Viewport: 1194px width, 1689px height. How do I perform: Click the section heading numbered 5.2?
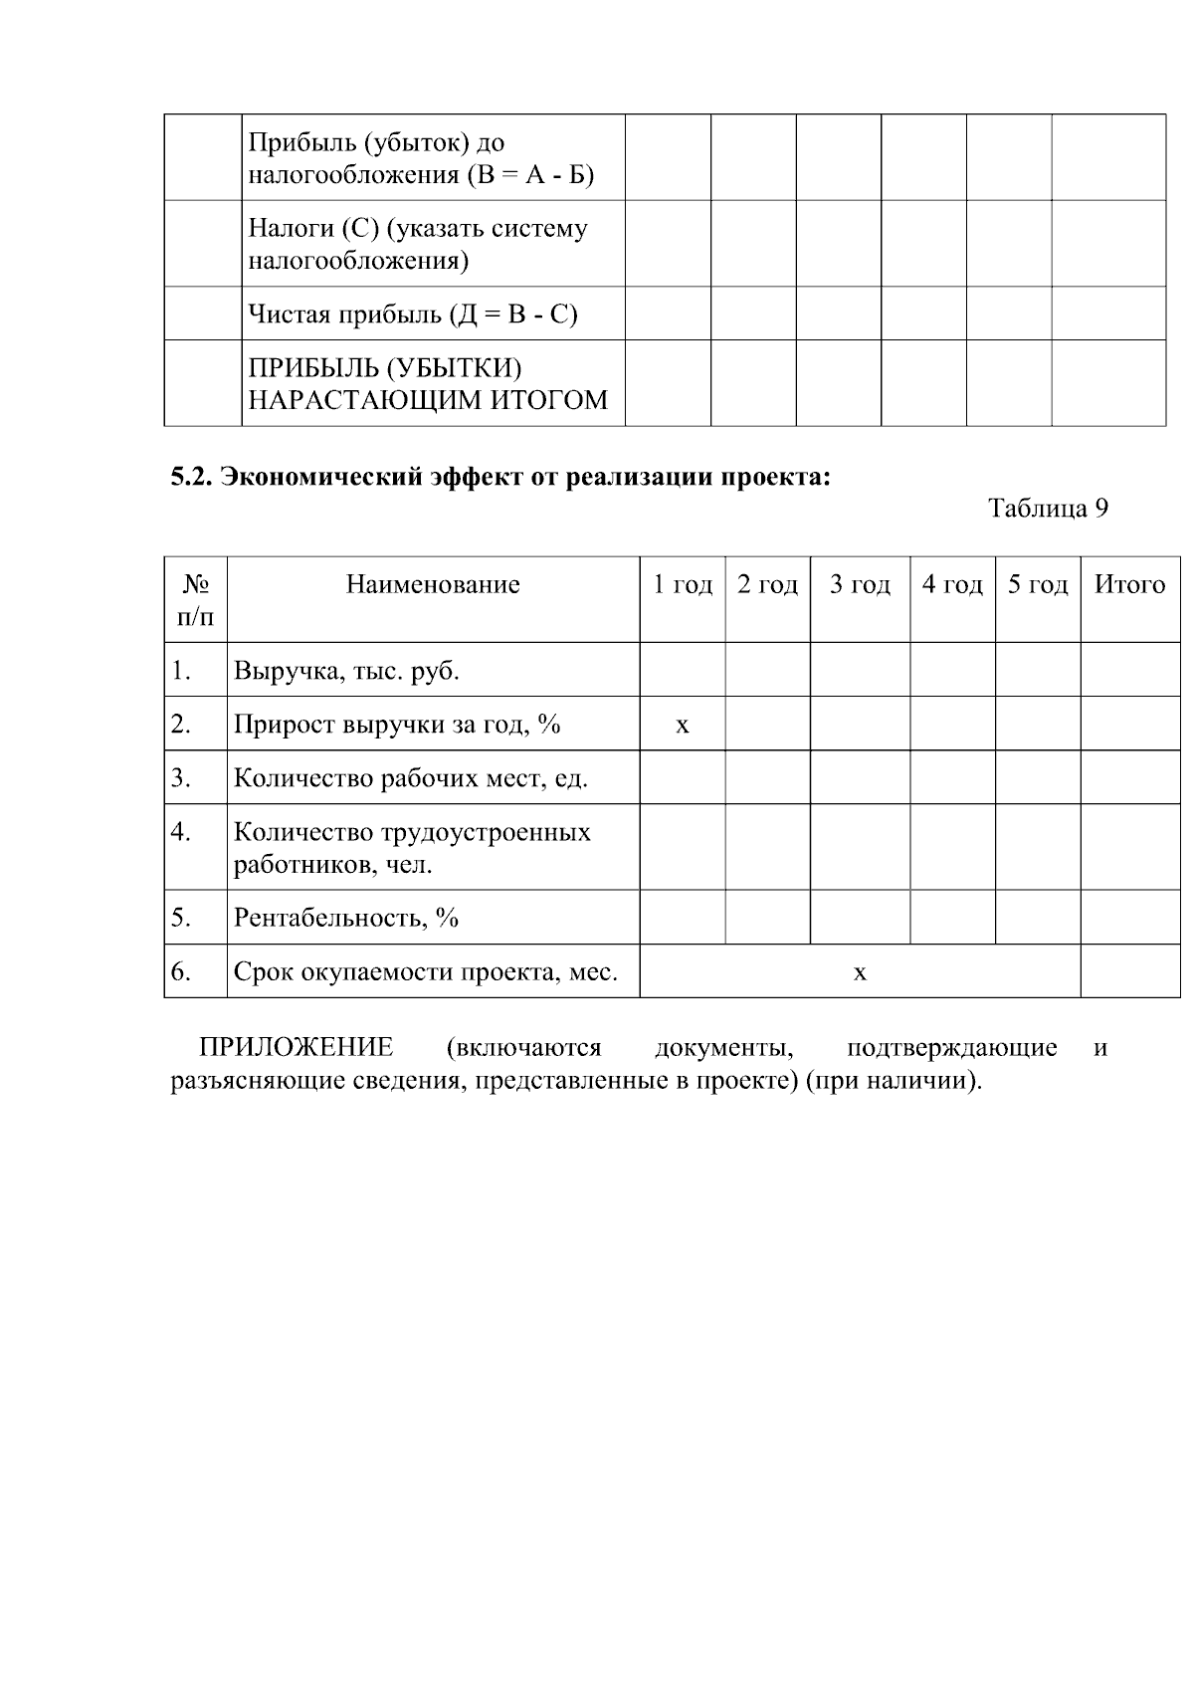[x=499, y=478]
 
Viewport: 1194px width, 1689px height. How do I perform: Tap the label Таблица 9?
[x=1048, y=509]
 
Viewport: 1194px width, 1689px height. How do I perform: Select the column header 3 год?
[x=860, y=584]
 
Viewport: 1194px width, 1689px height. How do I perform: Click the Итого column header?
[x=1129, y=584]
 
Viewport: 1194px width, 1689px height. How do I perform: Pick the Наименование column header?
[x=433, y=584]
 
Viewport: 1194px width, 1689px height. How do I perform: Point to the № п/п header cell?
[x=195, y=600]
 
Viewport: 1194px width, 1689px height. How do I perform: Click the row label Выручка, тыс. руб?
[x=346, y=671]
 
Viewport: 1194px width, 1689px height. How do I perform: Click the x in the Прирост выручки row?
[x=683, y=725]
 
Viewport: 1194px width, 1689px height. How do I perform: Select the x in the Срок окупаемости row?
[x=860, y=972]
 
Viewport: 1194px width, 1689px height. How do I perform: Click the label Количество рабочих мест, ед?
[x=410, y=778]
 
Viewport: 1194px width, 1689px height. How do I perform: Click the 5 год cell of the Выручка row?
[x=1038, y=670]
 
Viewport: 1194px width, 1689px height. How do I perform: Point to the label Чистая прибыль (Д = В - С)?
[x=412, y=315]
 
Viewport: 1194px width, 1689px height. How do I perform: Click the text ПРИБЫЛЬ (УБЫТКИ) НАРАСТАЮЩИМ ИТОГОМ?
[x=427, y=384]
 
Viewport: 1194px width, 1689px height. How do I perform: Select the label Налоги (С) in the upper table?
[x=417, y=244]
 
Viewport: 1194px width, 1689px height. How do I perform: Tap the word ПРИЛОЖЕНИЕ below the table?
[x=296, y=1048]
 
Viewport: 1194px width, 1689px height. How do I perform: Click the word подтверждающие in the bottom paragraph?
[x=950, y=1048]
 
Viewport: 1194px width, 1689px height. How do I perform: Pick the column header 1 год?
[x=683, y=584]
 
